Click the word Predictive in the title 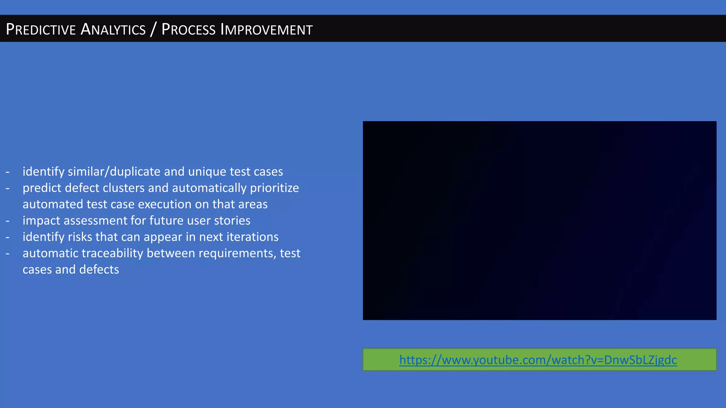point(41,29)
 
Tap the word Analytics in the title point(113,29)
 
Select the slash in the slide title point(153,29)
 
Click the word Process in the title point(188,29)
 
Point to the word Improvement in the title point(267,29)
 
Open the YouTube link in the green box point(538,360)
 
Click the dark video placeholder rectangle point(539,220)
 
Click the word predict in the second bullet point(41,188)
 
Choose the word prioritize point(274,188)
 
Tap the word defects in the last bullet point(99,270)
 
